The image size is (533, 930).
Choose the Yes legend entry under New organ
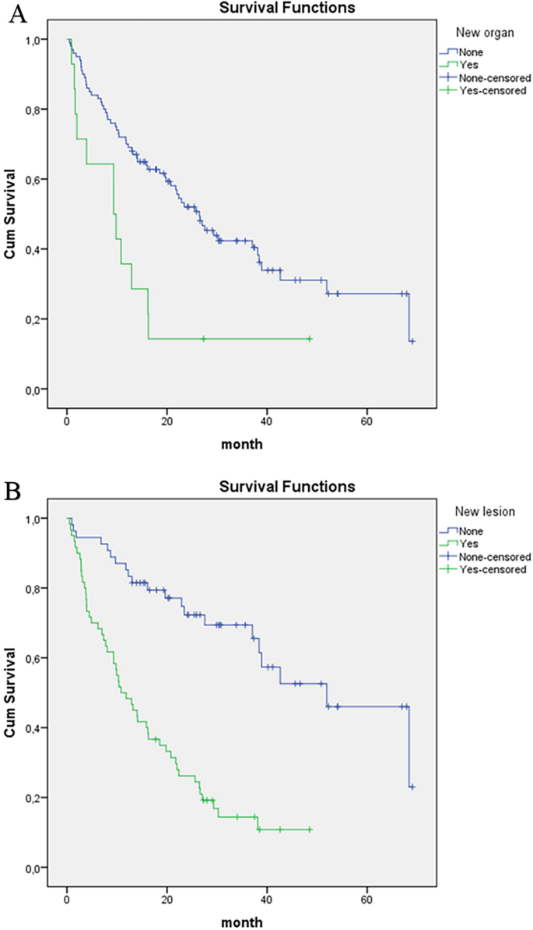[x=471, y=66]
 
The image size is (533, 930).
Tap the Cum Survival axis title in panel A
[x=12, y=213]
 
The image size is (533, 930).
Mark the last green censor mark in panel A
[x=310, y=339]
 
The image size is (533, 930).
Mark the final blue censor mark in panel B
[x=412, y=787]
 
